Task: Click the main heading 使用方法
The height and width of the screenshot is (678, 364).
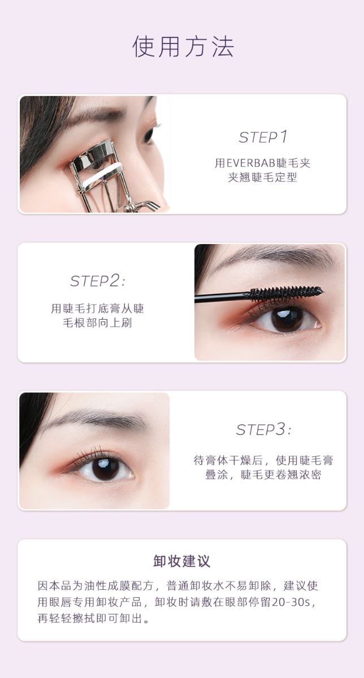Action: pyautogui.click(x=183, y=46)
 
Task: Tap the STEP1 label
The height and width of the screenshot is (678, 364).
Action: pyautogui.click(x=263, y=137)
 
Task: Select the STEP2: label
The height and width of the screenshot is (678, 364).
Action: pyautogui.click(x=98, y=281)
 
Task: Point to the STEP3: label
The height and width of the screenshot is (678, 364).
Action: pyautogui.click(x=263, y=429)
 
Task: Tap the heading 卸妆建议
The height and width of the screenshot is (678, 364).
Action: pyautogui.click(x=181, y=561)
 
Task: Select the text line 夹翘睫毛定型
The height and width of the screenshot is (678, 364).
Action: pyautogui.click(x=263, y=177)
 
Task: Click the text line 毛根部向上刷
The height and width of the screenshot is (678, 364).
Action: pyautogui.click(x=98, y=323)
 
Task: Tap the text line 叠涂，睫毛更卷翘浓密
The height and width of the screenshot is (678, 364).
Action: pyautogui.click(x=263, y=475)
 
